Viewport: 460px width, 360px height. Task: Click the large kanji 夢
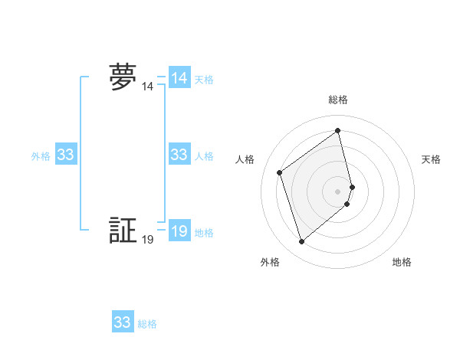coord(123,78)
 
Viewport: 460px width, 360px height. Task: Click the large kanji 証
coord(123,231)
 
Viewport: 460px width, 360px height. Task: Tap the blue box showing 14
coord(179,78)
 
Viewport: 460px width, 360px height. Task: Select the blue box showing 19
coord(179,231)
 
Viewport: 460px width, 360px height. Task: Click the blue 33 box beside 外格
coord(66,155)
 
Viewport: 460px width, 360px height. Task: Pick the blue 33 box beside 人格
coord(179,155)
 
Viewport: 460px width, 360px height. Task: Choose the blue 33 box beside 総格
coord(123,322)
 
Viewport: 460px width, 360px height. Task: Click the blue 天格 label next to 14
coord(204,80)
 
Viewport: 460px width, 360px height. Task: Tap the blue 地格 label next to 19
coord(204,233)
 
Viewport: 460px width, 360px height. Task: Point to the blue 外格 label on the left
coord(41,156)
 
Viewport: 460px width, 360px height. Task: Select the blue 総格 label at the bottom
coord(147,324)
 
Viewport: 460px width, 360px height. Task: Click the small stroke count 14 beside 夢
coord(147,87)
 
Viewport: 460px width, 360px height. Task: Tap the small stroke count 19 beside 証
coord(147,240)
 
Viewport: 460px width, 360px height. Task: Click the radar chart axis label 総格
coord(338,100)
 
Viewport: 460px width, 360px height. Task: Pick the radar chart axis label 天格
coord(432,159)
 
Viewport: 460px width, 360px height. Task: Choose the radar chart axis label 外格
coord(270,263)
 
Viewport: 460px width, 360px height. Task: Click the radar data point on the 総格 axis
coord(338,131)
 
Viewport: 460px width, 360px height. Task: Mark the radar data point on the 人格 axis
coord(280,172)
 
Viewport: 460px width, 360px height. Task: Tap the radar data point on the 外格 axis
coord(302,242)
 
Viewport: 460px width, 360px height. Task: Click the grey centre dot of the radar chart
coord(338,191)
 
